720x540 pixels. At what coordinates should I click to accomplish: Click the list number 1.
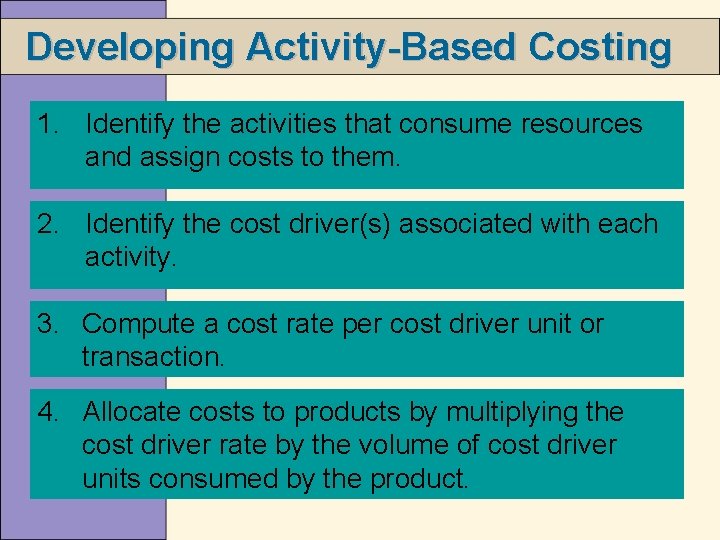pyautogui.click(x=46, y=124)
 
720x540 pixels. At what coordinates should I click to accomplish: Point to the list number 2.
pyautogui.click(x=46, y=224)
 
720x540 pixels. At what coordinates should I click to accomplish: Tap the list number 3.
pyautogui.click(x=46, y=324)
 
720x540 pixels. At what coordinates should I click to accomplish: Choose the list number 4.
pyautogui.click(x=46, y=412)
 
